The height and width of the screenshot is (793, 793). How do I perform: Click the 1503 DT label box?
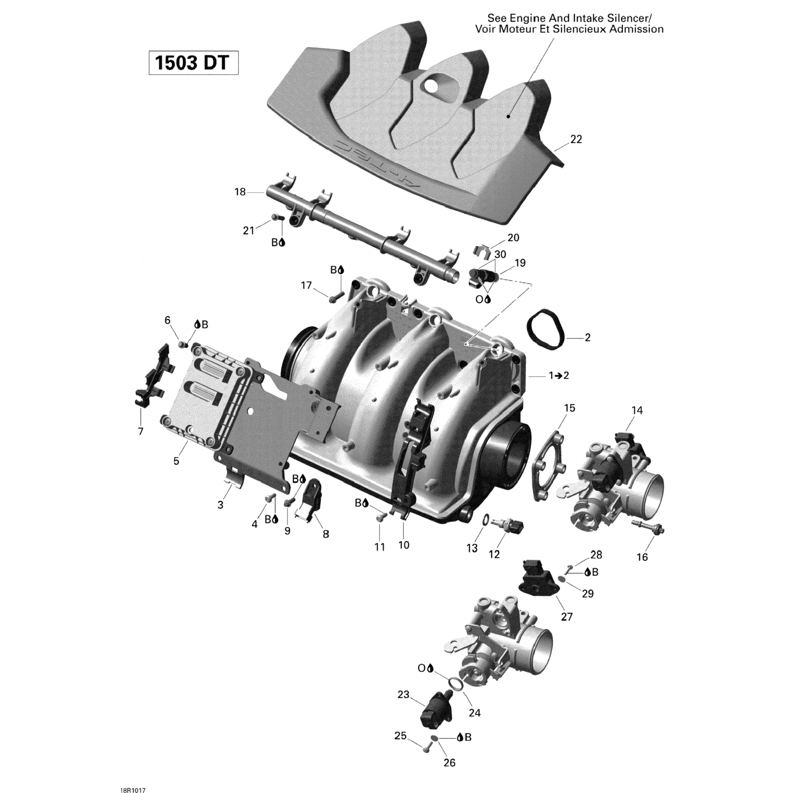coord(193,63)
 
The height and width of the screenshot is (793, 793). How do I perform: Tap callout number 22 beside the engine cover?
coord(576,140)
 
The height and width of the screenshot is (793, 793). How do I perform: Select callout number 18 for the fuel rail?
coord(240,192)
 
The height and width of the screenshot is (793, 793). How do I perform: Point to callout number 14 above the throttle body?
coord(637,410)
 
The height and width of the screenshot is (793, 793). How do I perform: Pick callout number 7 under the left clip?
coord(141,431)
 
